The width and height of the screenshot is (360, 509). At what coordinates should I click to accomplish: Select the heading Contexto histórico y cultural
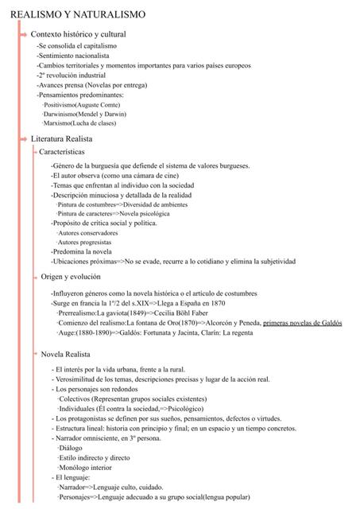click(x=78, y=34)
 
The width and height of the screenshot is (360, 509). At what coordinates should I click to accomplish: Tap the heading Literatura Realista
click(x=68, y=139)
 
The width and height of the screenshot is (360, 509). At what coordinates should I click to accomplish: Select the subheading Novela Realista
click(x=67, y=353)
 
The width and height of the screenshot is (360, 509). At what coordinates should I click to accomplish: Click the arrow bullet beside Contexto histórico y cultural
click(x=23, y=34)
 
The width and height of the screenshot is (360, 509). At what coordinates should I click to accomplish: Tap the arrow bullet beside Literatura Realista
click(x=23, y=139)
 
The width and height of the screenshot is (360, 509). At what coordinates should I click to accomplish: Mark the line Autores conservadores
click(x=90, y=233)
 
